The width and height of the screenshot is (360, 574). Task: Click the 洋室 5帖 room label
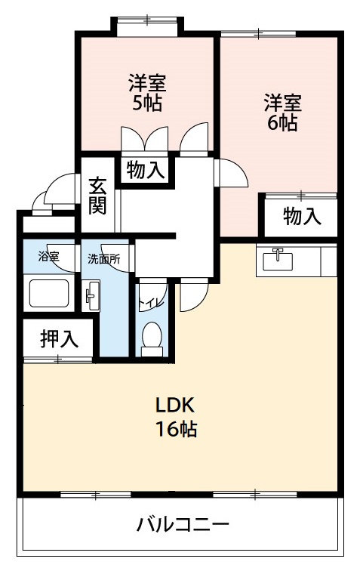[x=147, y=91]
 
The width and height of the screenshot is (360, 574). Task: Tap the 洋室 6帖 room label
[x=282, y=112]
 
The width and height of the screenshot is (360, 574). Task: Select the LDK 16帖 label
[x=177, y=416]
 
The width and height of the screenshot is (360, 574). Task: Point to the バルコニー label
[x=183, y=523]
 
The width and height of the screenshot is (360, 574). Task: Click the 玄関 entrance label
[x=97, y=195]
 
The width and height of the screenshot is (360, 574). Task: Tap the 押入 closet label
[x=59, y=339]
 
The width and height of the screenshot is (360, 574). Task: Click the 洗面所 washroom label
[x=103, y=258]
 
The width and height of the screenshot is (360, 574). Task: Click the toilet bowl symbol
[x=152, y=337]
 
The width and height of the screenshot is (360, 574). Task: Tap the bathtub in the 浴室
[x=49, y=293]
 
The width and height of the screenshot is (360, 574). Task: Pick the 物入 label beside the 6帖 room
[x=302, y=217]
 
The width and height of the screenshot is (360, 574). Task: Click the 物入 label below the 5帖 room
[x=145, y=170]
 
